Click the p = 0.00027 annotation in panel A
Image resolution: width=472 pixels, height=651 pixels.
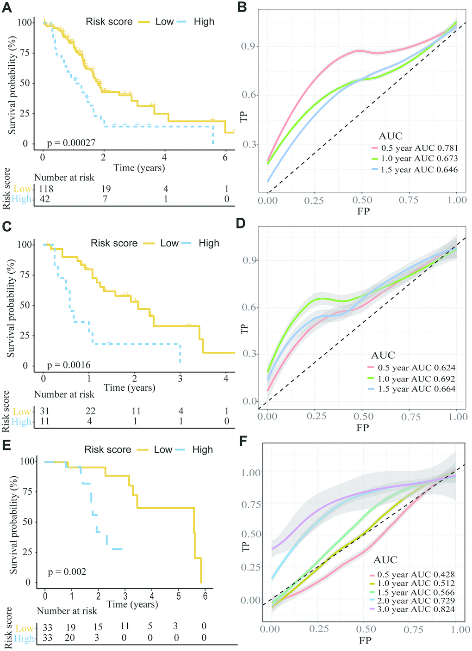(71, 143)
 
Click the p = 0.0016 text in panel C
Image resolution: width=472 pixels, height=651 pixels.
(68, 365)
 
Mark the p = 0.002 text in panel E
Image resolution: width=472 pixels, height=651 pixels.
(67, 572)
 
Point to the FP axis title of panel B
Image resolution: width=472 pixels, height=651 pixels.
(363, 211)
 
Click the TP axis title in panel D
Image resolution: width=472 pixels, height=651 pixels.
(245, 329)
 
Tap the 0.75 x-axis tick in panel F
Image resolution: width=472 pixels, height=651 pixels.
(413, 629)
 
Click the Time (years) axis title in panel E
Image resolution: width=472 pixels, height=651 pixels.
(132, 604)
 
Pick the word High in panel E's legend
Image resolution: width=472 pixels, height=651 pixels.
(203, 449)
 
